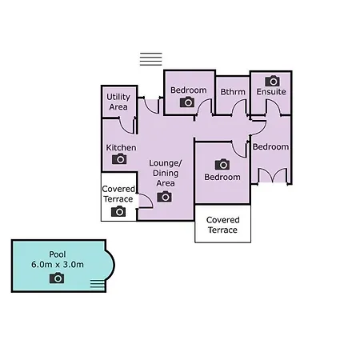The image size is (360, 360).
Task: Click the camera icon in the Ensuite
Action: (x=272, y=81)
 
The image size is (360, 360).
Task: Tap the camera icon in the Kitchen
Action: (x=119, y=159)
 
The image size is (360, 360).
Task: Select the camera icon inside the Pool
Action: (x=57, y=278)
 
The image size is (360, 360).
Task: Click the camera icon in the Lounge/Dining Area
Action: (x=164, y=197)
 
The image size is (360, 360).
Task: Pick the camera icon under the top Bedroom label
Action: (x=187, y=102)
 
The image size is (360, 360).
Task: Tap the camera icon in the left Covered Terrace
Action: (x=118, y=211)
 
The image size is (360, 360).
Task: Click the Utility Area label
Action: (x=118, y=102)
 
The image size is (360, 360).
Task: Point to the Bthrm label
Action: (x=233, y=92)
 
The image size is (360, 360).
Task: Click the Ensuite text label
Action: (x=271, y=92)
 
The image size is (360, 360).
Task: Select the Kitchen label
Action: (x=121, y=147)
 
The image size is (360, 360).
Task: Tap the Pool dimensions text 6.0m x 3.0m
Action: (x=58, y=265)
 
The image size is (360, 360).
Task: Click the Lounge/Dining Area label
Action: (x=166, y=173)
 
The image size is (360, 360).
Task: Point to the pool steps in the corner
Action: (x=98, y=284)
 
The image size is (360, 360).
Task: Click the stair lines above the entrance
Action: (x=151, y=59)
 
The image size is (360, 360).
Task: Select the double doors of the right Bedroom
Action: (x=272, y=175)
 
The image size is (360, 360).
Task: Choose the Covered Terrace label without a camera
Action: (x=222, y=225)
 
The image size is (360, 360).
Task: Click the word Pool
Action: (x=58, y=254)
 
